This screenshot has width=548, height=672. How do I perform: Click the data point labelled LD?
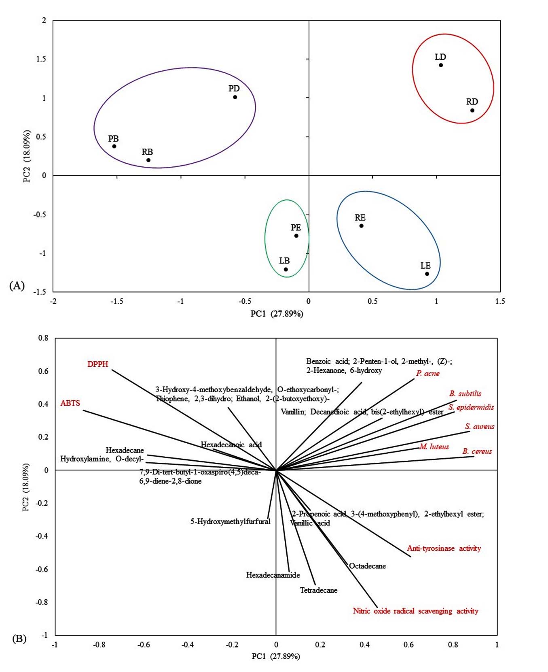click(441, 65)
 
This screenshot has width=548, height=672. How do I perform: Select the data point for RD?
click(472, 111)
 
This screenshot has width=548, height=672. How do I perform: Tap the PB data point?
click(114, 146)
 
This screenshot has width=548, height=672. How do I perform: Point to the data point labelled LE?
click(427, 274)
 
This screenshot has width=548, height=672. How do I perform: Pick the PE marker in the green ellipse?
click(296, 236)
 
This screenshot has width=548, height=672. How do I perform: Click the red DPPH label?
click(98, 364)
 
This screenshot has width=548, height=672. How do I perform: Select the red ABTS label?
click(70, 403)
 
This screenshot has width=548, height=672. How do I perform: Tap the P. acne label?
click(427, 373)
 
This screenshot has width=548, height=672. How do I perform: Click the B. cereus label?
click(477, 451)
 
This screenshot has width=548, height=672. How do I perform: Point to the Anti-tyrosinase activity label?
click(444, 549)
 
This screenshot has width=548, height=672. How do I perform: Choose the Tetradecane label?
click(318, 590)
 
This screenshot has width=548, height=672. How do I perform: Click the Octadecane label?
click(367, 566)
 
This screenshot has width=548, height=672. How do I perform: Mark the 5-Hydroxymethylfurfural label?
click(230, 521)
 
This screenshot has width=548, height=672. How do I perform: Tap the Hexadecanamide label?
click(273, 575)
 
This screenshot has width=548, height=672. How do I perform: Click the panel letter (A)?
click(17, 285)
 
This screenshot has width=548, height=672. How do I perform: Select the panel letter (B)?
click(19, 639)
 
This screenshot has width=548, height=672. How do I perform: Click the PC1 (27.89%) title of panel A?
click(277, 314)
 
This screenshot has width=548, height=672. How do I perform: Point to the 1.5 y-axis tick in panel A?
click(41, 59)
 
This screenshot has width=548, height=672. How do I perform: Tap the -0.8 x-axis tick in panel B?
click(99, 644)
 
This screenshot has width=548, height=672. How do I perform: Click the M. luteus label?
click(434, 447)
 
